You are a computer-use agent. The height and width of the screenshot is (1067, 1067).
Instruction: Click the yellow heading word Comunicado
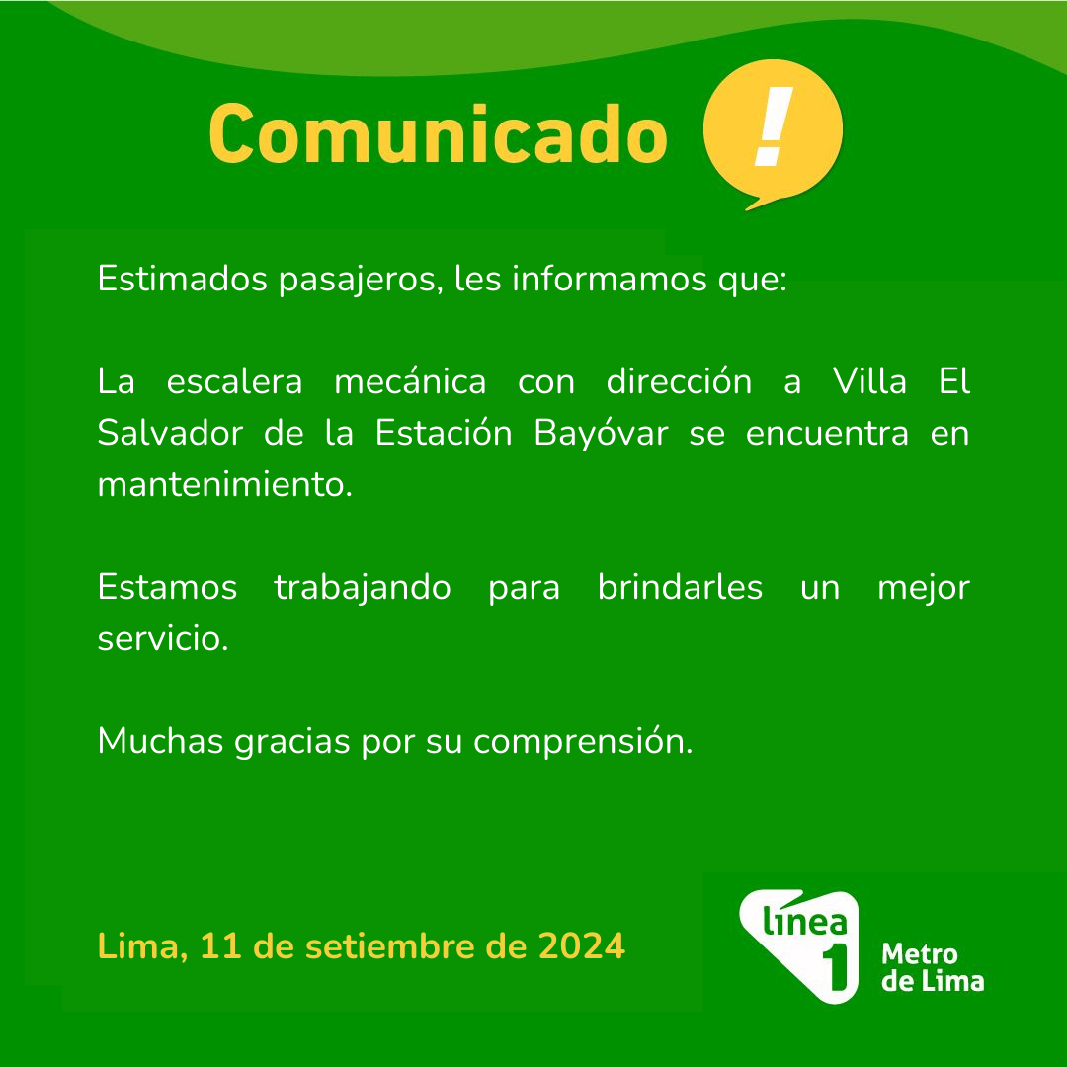(438, 134)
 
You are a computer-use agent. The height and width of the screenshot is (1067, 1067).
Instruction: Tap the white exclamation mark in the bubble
(775, 127)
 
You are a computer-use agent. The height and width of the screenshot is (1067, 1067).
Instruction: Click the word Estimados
(182, 278)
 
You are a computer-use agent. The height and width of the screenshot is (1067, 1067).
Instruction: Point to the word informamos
(609, 278)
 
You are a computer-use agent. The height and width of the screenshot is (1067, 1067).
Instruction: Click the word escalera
(234, 380)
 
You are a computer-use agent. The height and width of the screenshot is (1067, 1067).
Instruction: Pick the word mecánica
(410, 380)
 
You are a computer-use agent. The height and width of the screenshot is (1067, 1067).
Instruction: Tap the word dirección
(679, 380)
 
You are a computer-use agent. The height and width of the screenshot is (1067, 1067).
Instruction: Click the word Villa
(869, 380)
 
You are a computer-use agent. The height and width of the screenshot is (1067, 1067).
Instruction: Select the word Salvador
(170, 432)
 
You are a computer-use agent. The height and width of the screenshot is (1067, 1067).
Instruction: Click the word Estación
(443, 432)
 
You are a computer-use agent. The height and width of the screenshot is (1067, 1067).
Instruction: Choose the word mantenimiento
(224, 484)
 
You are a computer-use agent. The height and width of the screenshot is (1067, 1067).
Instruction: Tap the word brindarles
(680, 586)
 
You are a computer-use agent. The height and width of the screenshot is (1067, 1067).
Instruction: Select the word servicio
(163, 637)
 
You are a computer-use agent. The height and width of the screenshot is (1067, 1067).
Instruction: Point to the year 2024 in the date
(582, 945)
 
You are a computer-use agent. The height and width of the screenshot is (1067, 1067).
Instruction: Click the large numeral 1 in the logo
(836, 967)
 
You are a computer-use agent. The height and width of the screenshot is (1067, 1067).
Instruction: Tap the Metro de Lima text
(933, 967)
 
